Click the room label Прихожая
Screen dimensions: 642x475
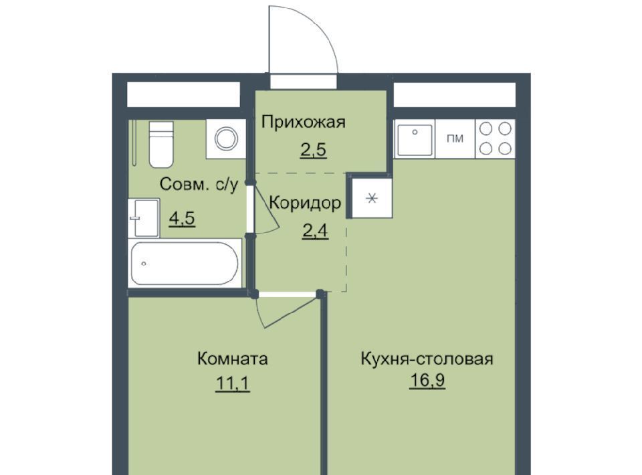tap(304, 122)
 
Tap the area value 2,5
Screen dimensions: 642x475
tap(314, 150)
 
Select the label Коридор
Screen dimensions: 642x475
tap(305, 203)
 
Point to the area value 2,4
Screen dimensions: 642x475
tap(315, 231)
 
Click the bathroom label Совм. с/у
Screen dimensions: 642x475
tap(199, 184)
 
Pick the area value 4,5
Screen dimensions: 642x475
tap(182, 218)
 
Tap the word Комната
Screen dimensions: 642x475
tap(233, 359)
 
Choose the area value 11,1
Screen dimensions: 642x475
tap(232, 384)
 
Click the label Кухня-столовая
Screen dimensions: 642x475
tap(427, 359)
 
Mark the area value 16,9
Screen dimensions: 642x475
tap(427, 381)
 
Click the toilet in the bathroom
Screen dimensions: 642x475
tap(161, 145)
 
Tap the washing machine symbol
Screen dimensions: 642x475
tap(227, 138)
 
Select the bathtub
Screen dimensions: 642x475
tap(185, 264)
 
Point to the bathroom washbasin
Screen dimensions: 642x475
tap(144, 217)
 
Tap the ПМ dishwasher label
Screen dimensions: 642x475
tap(455, 138)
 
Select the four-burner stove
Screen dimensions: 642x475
tap(496, 138)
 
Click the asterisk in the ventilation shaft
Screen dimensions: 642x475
tap(372, 199)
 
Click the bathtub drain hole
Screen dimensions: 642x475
tap(144, 264)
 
